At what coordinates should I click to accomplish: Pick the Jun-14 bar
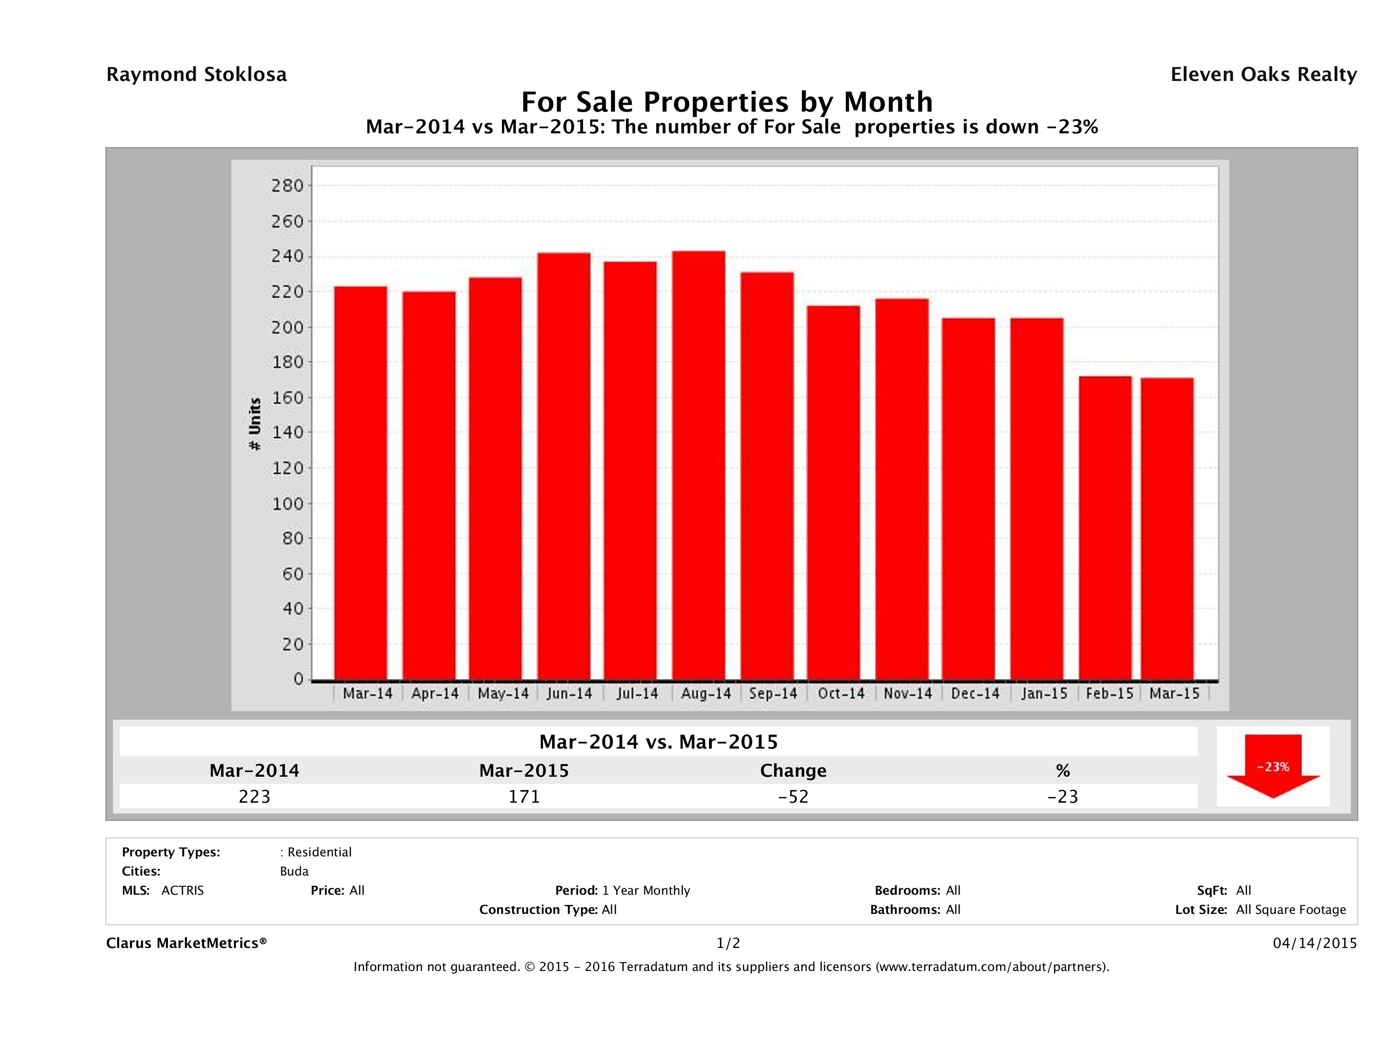click(564, 466)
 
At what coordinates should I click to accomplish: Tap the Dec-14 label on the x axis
click(974, 694)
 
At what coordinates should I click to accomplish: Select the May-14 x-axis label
click(503, 694)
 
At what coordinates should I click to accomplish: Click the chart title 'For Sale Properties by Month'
click(726, 101)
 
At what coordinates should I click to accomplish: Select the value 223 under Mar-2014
click(254, 796)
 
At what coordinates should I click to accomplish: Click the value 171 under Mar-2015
click(524, 796)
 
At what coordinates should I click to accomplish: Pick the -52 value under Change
click(793, 796)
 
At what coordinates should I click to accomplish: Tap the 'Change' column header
click(793, 771)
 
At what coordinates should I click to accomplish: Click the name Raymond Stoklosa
click(196, 75)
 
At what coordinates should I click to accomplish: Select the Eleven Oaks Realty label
click(1263, 75)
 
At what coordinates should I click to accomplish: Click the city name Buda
click(294, 871)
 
